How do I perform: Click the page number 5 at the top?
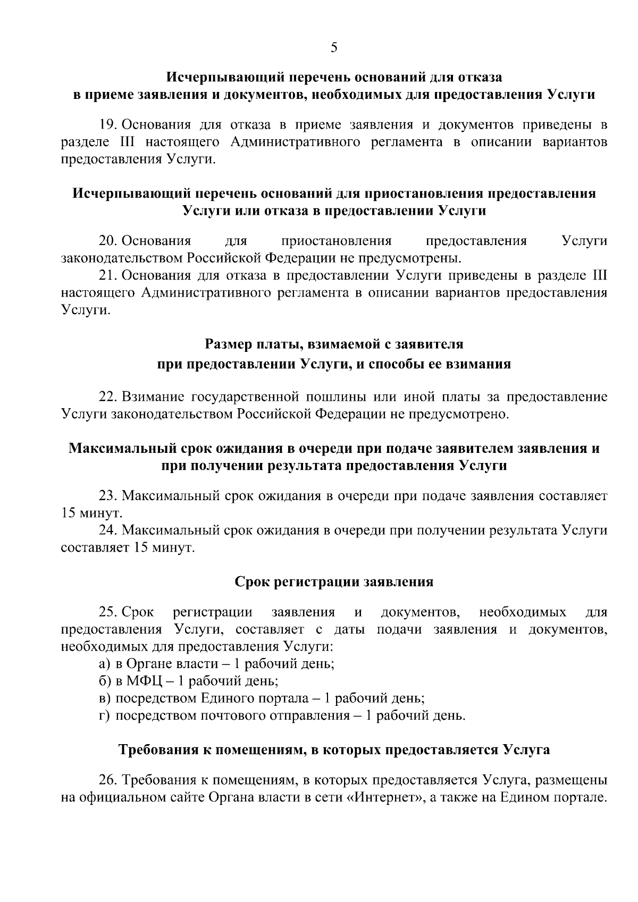coord(333,48)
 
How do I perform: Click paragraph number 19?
coord(108,125)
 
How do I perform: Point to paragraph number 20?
coord(108,241)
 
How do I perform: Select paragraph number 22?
coord(108,397)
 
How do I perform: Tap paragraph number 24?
coord(108,530)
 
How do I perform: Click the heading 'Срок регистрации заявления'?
coord(334,581)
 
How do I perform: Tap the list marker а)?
coord(104,664)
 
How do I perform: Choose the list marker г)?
coord(104,715)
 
